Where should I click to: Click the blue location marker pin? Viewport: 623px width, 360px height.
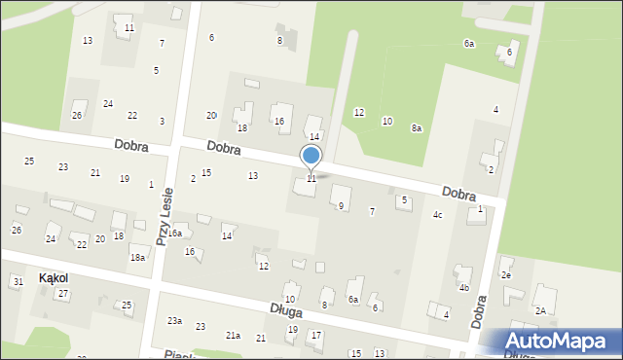pyautogui.click(x=311, y=157)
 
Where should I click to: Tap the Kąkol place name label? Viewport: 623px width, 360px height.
pyautogui.click(x=54, y=277)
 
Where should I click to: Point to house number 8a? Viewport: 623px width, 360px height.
pyautogui.click(x=417, y=128)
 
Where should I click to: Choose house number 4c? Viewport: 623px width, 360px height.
pyautogui.click(x=438, y=214)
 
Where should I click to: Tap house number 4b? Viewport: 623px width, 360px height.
pyautogui.click(x=464, y=288)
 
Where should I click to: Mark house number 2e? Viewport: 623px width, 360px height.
pyautogui.click(x=506, y=275)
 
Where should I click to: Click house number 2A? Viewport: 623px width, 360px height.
pyautogui.click(x=540, y=311)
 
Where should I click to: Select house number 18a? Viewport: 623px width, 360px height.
pyautogui.click(x=138, y=257)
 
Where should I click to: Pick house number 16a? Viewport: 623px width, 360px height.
pyautogui.click(x=174, y=234)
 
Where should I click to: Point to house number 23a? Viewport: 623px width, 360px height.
pyautogui.click(x=174, y=320)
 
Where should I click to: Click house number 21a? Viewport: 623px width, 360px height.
pyautogui.click(x=234, y=335)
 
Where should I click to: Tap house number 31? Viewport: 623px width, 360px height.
pyautogui.click(x=18, y=281)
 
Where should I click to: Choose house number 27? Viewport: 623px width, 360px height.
pyautogui.click(x=63, y=293)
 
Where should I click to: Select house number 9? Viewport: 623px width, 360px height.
pyautogui.click(x=341, y=206)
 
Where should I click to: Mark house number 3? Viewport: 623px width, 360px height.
pyautogui.click(x=162, y=121)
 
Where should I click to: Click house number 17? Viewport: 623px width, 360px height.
pyautogui.click(x=315, y=336)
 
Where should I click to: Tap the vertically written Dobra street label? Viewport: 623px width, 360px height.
pyautogui.click(x=479, y=310)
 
